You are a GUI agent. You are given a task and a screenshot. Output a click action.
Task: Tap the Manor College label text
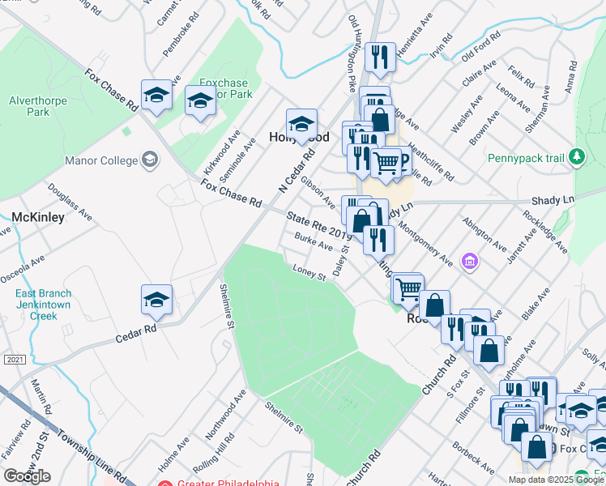point(100,160)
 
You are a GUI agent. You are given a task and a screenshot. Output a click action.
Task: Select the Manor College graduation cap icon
point(150,160)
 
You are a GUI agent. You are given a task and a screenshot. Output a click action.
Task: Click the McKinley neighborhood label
point(37,217)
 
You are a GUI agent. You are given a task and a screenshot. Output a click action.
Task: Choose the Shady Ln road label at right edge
point(552,199)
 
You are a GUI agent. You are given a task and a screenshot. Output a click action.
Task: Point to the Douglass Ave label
point(66,198)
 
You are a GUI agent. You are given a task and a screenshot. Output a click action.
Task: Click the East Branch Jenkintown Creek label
point(42,305)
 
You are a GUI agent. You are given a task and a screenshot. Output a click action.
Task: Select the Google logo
point(27,476)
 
